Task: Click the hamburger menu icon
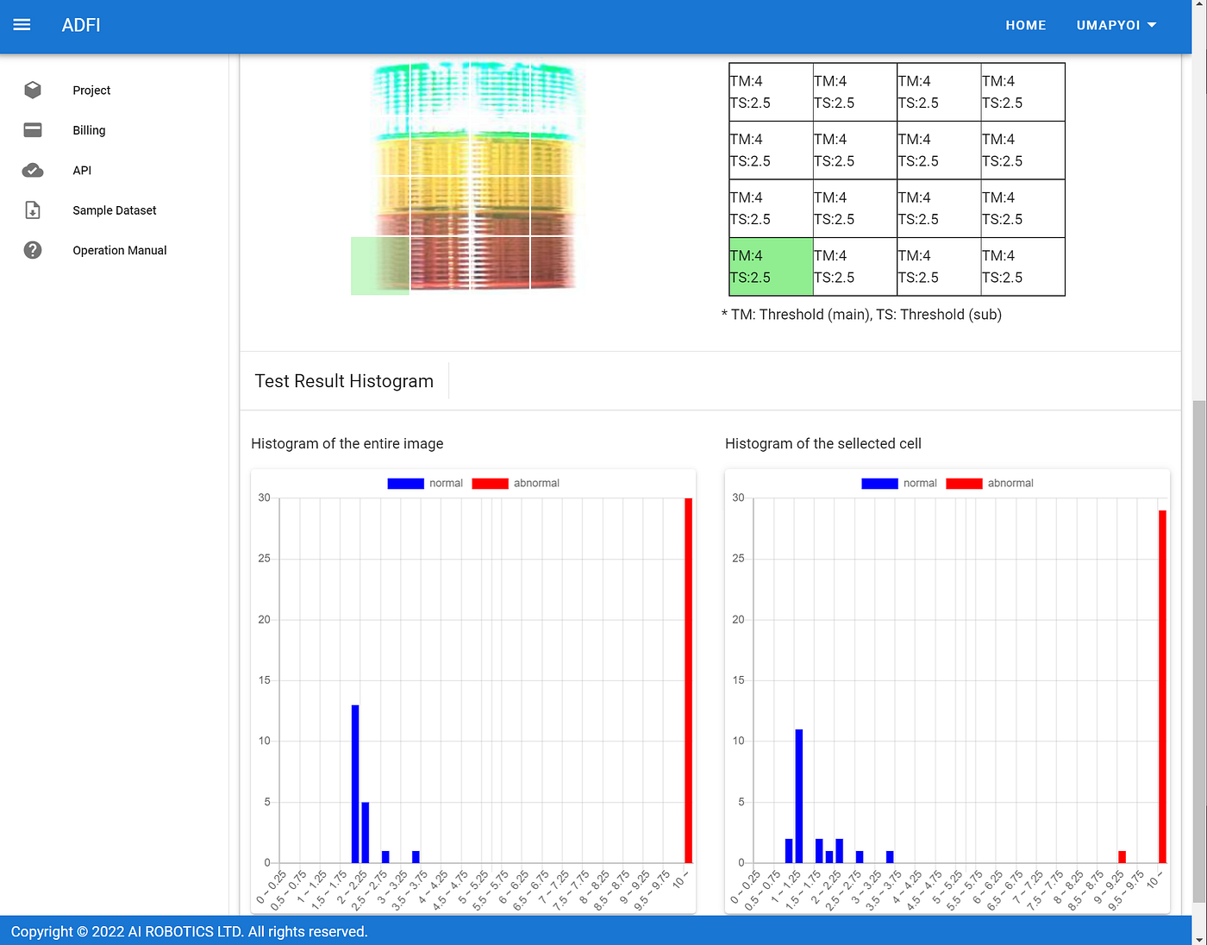pyautogui.click(x=22, y=25)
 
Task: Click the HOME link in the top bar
pyautogui.click(x=1025, y=25)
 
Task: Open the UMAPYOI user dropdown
pyautogui.click(x=1116, y=25)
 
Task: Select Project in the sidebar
pyautogui.click(x=91, y=91)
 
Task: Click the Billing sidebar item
pyautogui.click(x=89, y=130)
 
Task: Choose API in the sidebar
pyautogui.click(x=82, y=171)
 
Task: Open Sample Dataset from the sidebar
pyautogui.click(x=114, y=210)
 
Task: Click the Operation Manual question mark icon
pyautogui.click(x=33, y=250)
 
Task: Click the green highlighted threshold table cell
pyautogui.click(x=771, y=266)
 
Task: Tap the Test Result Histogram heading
pyautogui.click(x=344, y=381)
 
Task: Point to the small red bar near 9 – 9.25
pyautogui.click(x=1122, y=857)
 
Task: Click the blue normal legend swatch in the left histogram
pyautogui.click(x=405, y=484)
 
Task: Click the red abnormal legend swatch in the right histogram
pyautogui.click(x=964, y=484)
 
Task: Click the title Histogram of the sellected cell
pyautogui.click(x=822, y=444)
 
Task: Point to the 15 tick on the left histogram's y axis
pyautogui.click(x=264, y=680)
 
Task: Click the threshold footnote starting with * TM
pyautogui.click(x=861, y=315)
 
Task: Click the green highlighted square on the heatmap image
pyautogui.click(x=379, y=266)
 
